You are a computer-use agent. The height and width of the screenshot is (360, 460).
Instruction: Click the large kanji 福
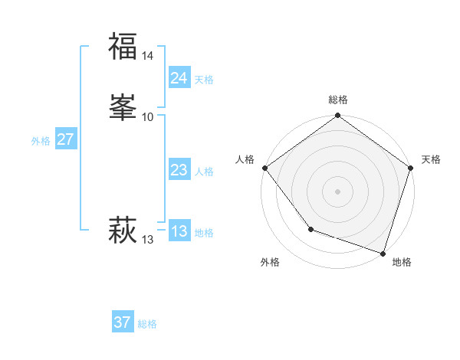coord(122,46)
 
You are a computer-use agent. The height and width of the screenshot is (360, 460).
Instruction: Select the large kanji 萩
coord(122,230)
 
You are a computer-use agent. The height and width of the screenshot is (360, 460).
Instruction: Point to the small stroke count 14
coord(148,56)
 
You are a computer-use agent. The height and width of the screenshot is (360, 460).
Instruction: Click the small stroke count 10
coord(148,116)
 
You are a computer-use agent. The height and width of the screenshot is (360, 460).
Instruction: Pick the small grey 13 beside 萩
coord(148,240)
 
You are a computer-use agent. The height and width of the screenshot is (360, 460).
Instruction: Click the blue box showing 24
coord(179,78)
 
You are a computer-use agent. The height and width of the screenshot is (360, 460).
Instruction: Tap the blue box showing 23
coord(179,170)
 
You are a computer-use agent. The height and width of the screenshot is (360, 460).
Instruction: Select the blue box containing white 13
coord(179,231)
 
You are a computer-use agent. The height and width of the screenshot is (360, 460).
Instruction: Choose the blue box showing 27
coord(65,139)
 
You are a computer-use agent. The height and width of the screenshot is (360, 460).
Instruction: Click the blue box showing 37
coord(122,322)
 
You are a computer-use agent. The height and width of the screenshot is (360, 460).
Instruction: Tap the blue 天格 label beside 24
coord(204,80)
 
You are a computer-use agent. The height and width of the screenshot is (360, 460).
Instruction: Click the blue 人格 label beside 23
coord(204,172)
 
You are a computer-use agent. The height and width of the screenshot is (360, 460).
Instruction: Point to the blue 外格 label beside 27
coord(41,141)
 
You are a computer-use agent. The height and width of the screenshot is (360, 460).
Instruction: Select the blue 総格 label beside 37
coord(147,324)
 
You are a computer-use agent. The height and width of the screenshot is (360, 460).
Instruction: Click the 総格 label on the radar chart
coord(338,100)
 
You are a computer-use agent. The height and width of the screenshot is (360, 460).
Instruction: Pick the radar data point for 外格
coord(310,229)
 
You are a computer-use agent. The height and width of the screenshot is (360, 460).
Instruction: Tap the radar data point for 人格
coord(264,168)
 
